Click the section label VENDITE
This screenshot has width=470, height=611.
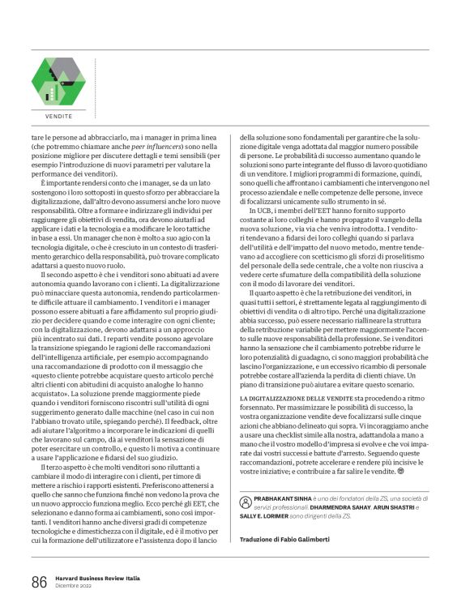[58, 116]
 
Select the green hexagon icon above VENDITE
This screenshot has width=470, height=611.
[58, 83]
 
